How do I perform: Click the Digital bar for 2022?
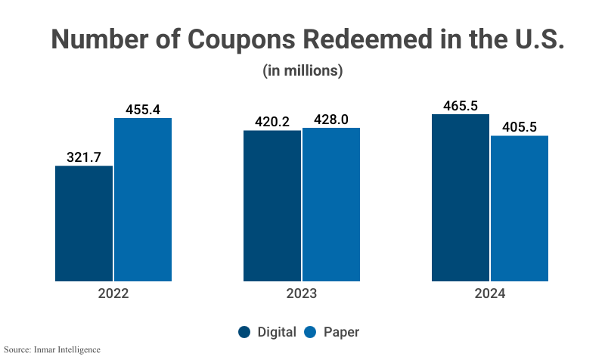coord(84,223)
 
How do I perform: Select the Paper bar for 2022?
coord(143,200)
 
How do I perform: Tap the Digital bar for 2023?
coord(271,206)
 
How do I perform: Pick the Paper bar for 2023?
coord(331,204)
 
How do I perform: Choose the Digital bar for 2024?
coord(460,197)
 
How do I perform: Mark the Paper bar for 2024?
coord(520,208)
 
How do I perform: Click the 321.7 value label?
coord(84,157)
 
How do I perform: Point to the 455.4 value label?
coord(143,109)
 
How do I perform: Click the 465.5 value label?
coord(460,105)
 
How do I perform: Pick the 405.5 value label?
coord(520,127)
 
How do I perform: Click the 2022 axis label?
coord(113,293)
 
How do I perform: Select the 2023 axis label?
coord(301,293)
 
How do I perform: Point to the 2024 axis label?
coord(489,293)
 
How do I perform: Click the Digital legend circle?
coord(244,332)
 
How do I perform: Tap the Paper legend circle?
coord(310,332)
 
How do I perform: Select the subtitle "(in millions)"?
coord(302,71)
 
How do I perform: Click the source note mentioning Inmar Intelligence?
coord(51,349)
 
